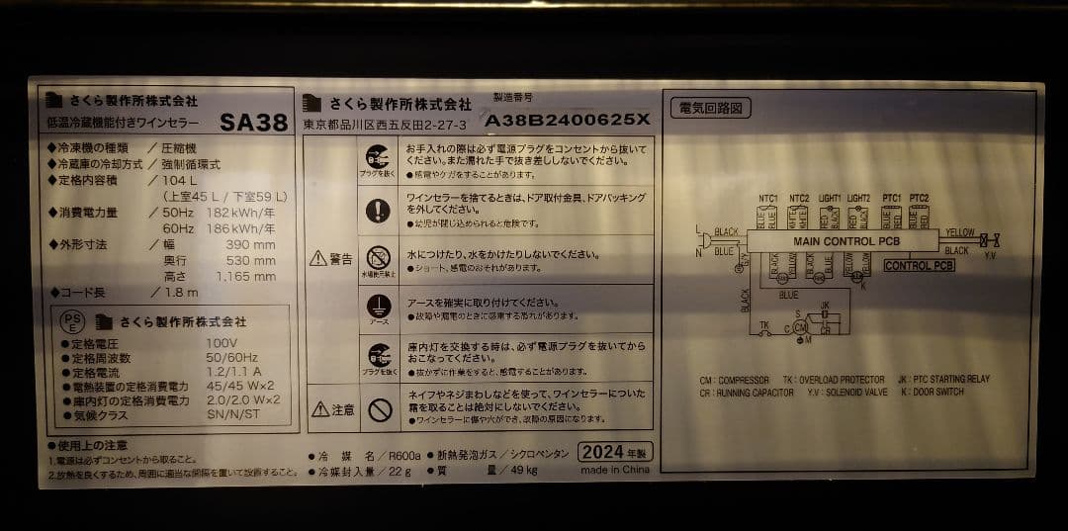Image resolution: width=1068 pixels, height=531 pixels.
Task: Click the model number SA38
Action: coord(253,123)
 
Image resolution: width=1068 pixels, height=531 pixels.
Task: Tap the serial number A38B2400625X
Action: coord(567,120)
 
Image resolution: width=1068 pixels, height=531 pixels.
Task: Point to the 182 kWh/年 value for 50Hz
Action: coord(241,213)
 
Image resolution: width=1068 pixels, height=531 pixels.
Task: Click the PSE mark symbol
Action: coord(72,321)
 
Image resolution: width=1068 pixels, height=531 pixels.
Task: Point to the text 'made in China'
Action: coord(614,471)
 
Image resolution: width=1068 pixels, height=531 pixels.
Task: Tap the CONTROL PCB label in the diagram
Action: coord(919,266)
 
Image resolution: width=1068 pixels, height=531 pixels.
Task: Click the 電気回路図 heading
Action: coord(710,108)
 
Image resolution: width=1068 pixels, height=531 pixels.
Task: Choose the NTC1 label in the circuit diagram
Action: coord(767,199)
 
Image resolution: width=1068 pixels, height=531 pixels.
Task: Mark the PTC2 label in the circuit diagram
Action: coord(919,199)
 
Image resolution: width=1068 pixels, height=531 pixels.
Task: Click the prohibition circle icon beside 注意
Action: coord(379,408)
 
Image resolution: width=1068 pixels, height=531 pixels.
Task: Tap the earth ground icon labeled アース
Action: coord(379,307)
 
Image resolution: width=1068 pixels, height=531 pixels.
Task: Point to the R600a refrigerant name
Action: coord(404,455)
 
